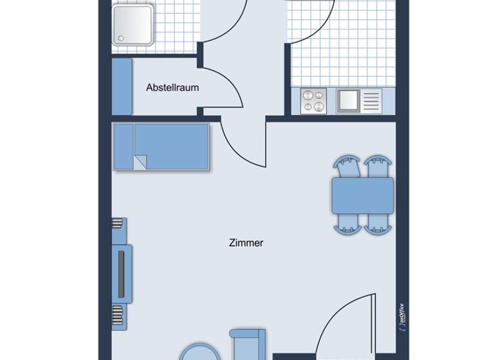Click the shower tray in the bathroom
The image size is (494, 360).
pyautogui.click(x=133, y=24)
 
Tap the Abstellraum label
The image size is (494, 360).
pyautogui.click(x=172, y=87)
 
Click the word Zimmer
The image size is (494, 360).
pyautogui.click(x=246, y=243)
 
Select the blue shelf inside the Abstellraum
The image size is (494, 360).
pyautogui.click(x=122, y=87)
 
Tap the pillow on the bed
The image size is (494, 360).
pyautogui.click(x=123, y=147)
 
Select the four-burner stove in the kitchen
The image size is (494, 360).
pyautogui.click(x=314, y=101)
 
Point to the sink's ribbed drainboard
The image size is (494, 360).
pyautogui.click(x=371, y=101)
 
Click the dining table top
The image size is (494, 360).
pyautogui.click(x=363, y=195)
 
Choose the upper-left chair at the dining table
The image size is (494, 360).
pyautogui.click(x=347, y=167)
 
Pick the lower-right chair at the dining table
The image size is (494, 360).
pyautogui.click(x=378, y=222)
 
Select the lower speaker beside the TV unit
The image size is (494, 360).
pyautogui.click(x=117, y=315)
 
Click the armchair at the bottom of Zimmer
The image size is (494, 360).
pyautogui.click(x=248, y=345)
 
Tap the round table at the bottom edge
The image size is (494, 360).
pyautogui.click(x=199, y=352)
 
